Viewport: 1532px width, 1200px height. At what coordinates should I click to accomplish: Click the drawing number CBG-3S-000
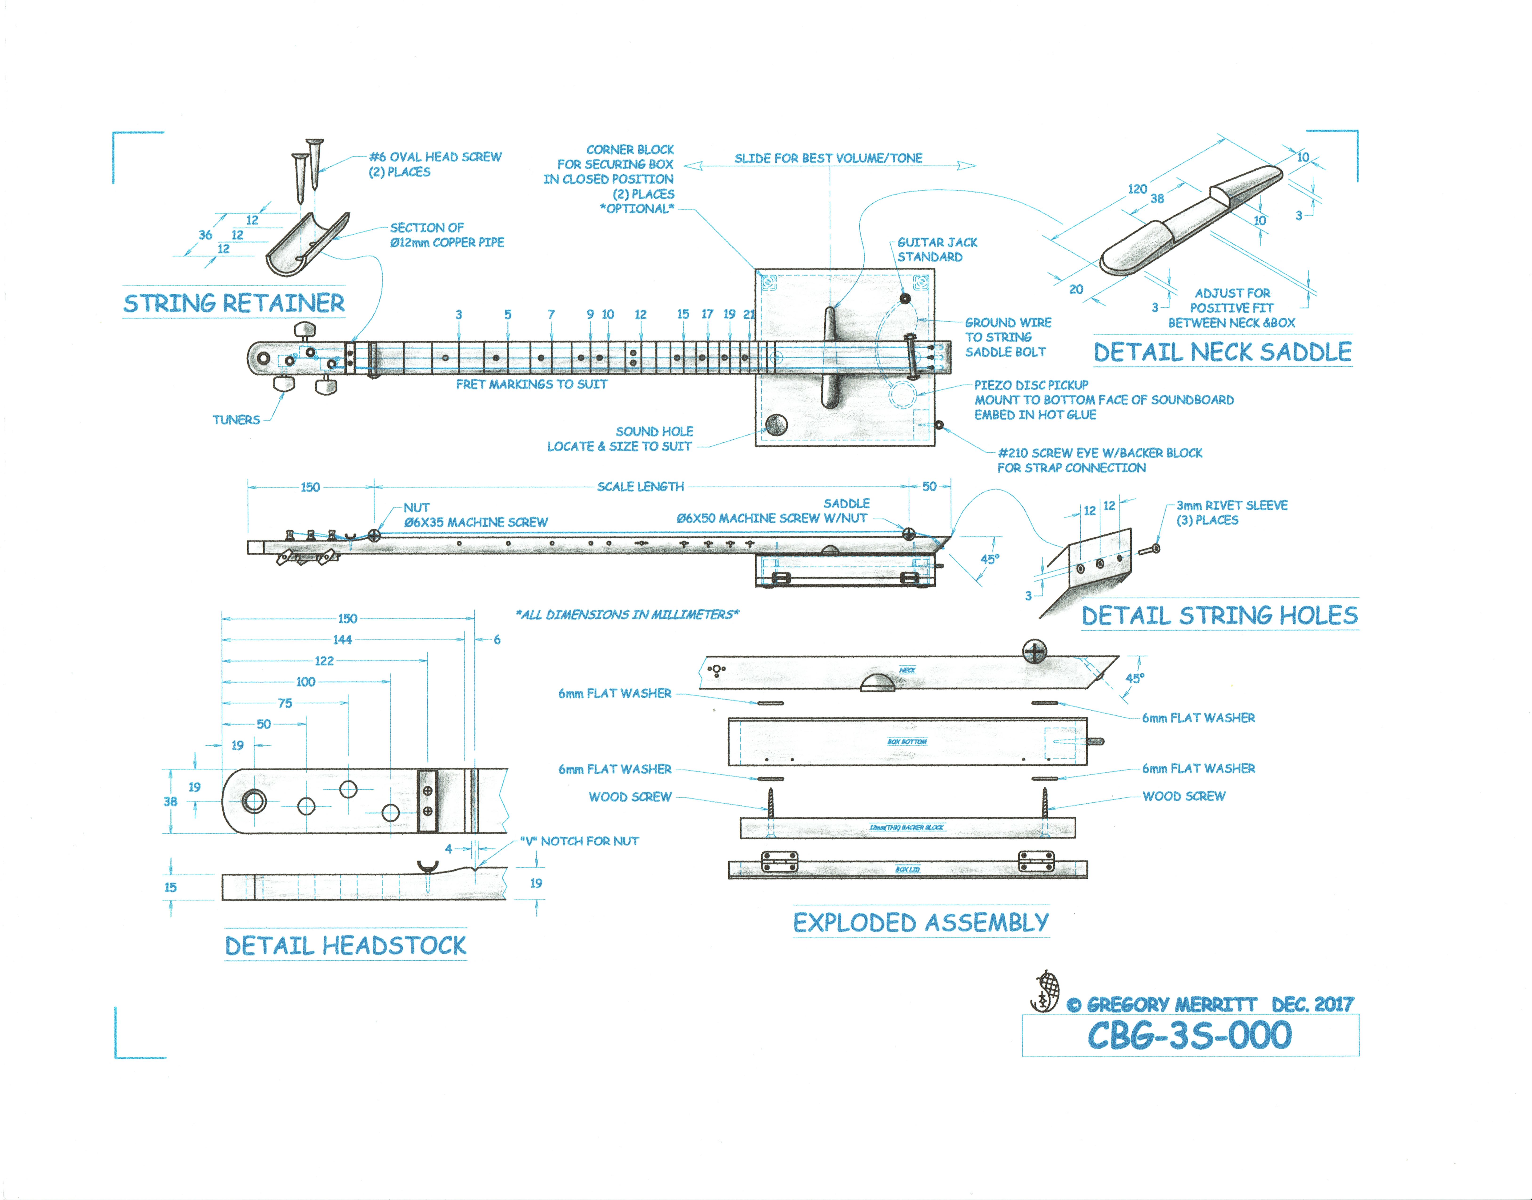tap(1189, 1035)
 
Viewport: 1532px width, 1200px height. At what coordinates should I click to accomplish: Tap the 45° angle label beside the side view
tap(990, 559)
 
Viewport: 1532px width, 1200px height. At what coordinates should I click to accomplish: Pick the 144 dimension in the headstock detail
tap(342, 639)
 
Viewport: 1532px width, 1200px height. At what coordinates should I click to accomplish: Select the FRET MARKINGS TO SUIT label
tap(531, 384)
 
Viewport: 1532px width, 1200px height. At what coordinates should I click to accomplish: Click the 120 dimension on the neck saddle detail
tap(1137, 189)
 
